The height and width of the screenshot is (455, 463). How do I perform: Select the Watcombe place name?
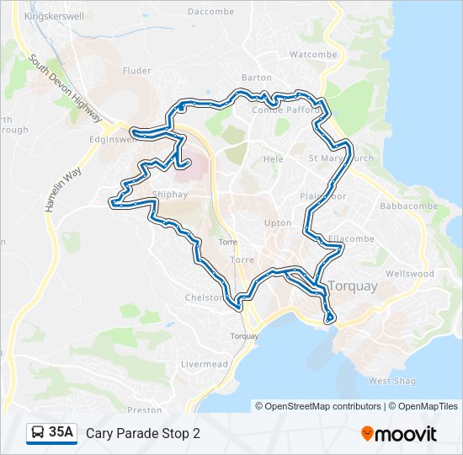click(x=312, y=54)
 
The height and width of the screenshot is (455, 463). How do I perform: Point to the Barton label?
click(x=257, y=77)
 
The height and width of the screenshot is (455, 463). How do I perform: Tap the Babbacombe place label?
click(x=405, y=205)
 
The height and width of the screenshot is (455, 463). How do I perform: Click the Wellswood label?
click(x=409, y=274)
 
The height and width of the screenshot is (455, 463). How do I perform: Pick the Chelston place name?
click(x=205, y=297)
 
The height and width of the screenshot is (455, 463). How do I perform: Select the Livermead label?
click(x=205, y=364)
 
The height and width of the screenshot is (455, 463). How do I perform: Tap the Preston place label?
click(x=144, y=409)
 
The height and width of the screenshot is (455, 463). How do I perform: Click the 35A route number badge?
click(x=61, y=432)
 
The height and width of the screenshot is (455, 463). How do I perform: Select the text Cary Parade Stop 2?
click(x=143, y=433)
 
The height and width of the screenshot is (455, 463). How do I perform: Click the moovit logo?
click(x=399, y=433)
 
